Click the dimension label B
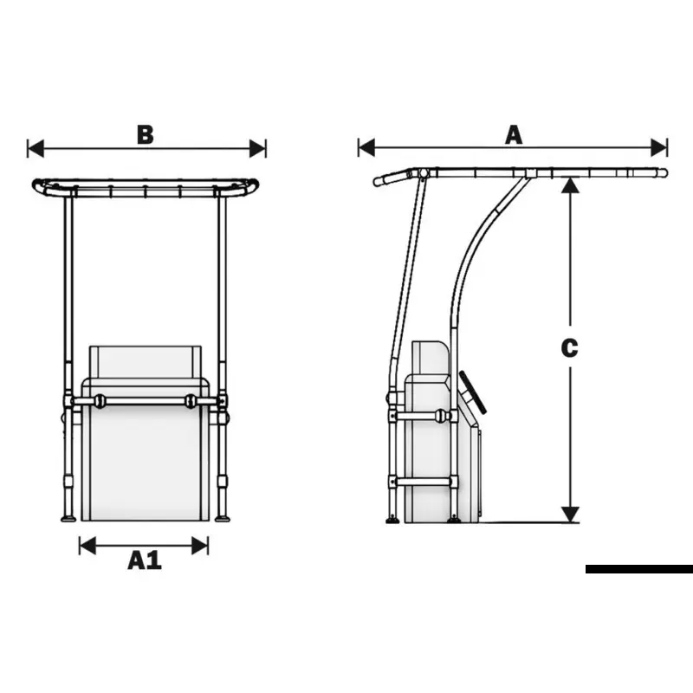click(146, 135)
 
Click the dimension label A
click(514, 135)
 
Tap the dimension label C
click(569, 348)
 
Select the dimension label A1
click(145, 560)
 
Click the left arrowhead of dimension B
click(36, 148)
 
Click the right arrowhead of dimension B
click(257, 148)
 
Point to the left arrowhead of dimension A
click(366, 147)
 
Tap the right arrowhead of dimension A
click(659, 147)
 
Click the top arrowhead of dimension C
click(570, 185)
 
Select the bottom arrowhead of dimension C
click(570, 515)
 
